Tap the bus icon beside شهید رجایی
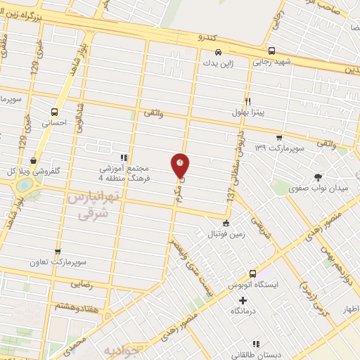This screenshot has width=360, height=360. [219, 52]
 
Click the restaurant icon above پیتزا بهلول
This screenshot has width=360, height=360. [247, 101]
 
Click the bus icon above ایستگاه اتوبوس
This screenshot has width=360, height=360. [252, 274]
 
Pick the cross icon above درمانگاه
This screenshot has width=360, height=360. [243, 300]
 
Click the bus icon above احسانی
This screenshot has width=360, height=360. [55, 111]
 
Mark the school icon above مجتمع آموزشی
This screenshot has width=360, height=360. [124, 159]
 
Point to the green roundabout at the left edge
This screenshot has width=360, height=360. [25, 186]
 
